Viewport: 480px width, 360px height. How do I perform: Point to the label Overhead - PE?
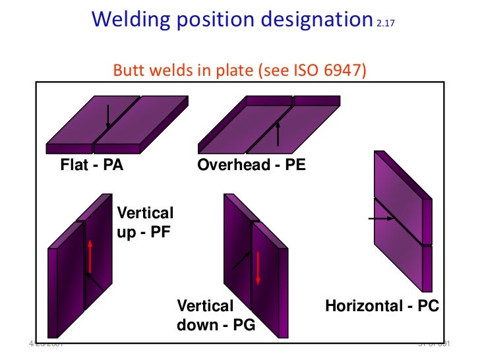[x=251, y=165]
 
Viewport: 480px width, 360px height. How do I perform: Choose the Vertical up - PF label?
[x=144, y=222]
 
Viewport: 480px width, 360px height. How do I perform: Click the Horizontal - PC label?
[x=382, y=307]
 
